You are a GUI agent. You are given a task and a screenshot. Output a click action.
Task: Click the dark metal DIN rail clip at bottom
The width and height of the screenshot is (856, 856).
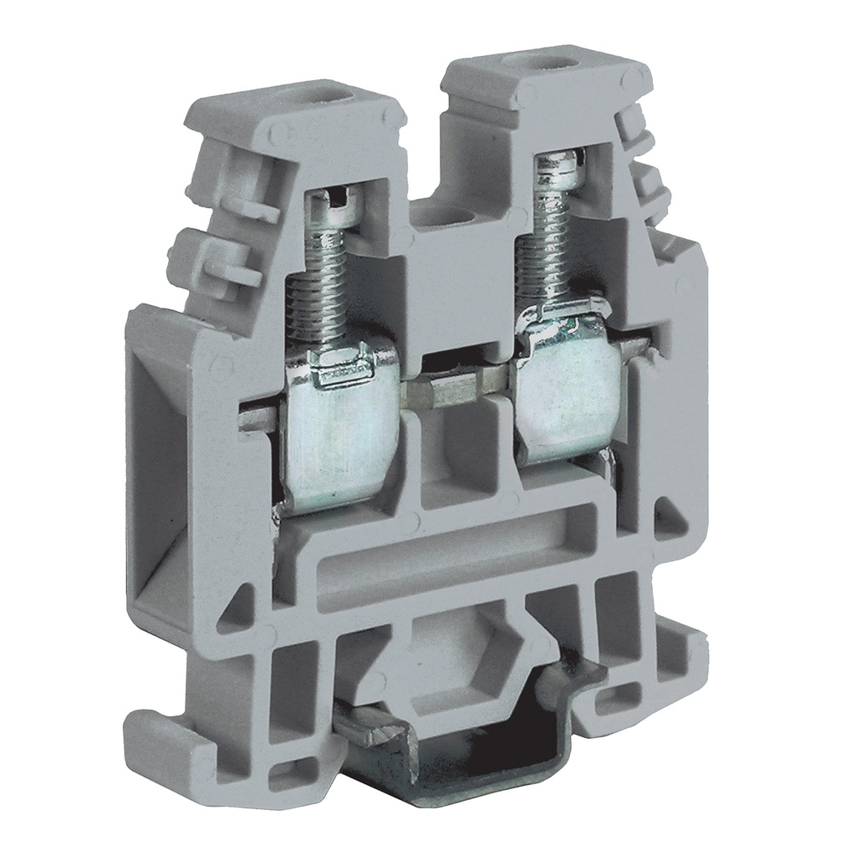coord(468,761)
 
